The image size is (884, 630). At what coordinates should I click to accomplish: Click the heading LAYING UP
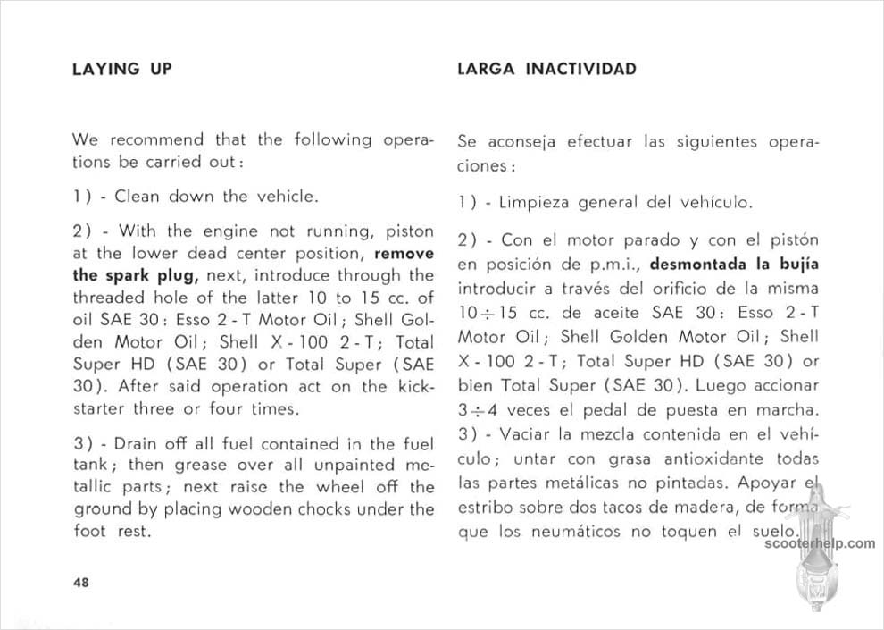pyautogui.click(x=121, y=69)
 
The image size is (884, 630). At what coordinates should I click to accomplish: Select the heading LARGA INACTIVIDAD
pyautogui.click(x=546, y=69)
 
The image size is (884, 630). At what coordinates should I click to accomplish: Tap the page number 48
pyautogui.click(x=81, y=582)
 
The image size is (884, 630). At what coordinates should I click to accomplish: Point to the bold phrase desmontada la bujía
pyautogui.click(x=735, y=265)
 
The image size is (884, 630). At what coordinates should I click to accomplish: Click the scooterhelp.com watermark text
pyautogui.click(x=820, y=542)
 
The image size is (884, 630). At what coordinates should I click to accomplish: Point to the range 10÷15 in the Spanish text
pyautogui.click(x=482, y=313)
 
